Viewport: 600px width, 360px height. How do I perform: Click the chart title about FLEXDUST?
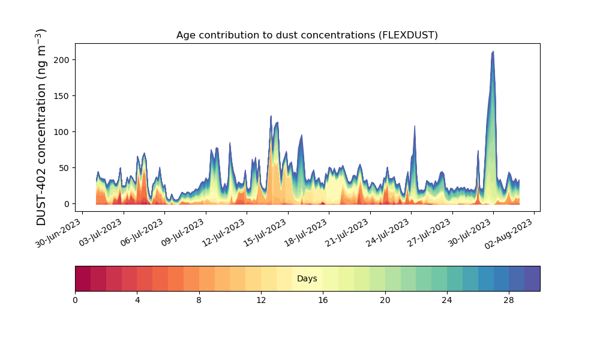click(307, 35)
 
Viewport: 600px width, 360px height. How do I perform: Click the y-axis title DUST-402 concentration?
click(41, 127)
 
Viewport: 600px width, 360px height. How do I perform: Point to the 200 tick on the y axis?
click(63, 60)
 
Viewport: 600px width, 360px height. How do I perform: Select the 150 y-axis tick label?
click(63, 96)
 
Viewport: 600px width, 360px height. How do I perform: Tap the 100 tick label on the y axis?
click(63, 132)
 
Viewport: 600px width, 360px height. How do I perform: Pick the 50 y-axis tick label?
click(65, 168)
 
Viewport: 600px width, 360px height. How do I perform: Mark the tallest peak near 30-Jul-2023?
click(493, 52)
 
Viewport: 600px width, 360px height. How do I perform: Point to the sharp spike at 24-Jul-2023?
click(415, 127)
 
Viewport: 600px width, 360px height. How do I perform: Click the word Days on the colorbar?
click(307, 279)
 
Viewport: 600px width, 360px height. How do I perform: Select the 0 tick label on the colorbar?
click(75, 299)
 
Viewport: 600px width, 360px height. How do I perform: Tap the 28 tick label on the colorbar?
click(509, 299)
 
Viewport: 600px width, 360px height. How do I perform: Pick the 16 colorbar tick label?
click(323, 299)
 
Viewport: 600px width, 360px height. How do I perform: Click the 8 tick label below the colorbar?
click(199, 299)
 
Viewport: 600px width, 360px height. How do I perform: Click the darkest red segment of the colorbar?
click(83, 278)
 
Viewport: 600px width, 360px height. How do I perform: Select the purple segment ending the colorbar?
click(532, 278)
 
